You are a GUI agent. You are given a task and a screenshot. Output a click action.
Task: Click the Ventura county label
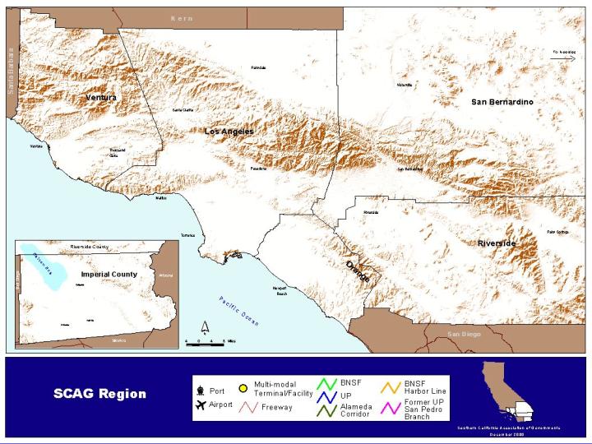pos(101,97)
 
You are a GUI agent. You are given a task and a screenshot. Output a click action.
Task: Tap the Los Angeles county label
pos(229,132)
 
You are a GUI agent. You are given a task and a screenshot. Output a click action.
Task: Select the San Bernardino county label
pos(502,101)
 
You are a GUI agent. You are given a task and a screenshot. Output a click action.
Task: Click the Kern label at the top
pos(181,18)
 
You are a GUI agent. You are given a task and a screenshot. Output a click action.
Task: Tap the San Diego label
pos(463,334)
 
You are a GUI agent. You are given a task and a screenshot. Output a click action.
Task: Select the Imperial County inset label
pos(109,274)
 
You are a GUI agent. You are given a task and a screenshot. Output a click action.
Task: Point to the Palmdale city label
pos(259,67)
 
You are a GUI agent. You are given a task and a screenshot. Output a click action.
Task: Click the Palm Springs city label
pos(557,232)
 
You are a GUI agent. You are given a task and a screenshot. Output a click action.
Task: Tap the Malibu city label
pos(160,197)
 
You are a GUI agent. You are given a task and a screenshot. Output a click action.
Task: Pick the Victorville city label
pos(404,85)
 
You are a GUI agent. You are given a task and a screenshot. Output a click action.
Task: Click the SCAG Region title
pos(99,394)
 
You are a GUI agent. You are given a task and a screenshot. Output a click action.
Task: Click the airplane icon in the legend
pos(200,405)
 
